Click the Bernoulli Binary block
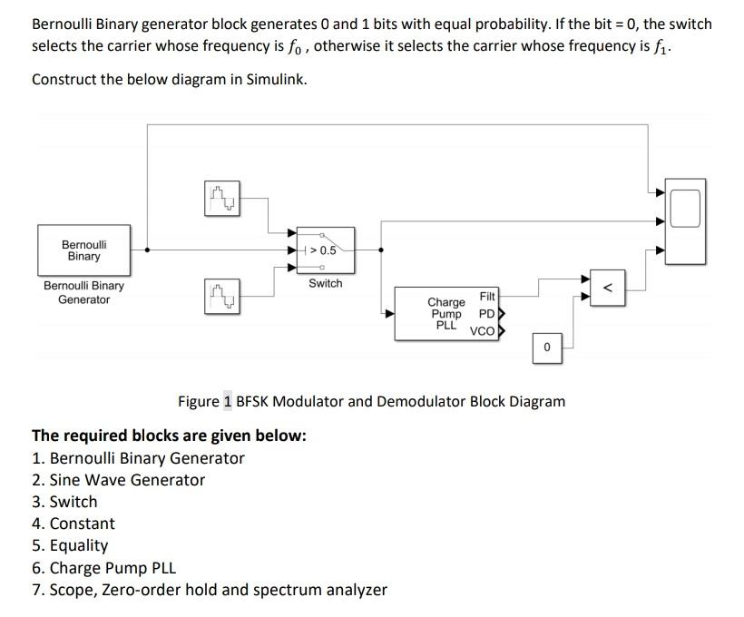click(83, 250)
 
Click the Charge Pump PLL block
click(446, 314)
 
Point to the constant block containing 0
click(546, 348)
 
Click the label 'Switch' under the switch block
click(325, 284)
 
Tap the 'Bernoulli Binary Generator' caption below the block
click(83, 292)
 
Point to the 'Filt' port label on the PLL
click(487, 297)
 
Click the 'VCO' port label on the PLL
click(482, 331)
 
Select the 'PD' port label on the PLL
click(485, 314)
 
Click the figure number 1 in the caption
click(228, 401)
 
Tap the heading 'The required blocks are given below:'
click(169, 436)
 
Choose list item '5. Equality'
click(70, 545)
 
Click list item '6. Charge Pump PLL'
click(103, 568)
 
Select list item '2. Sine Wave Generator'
click(118, 480)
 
